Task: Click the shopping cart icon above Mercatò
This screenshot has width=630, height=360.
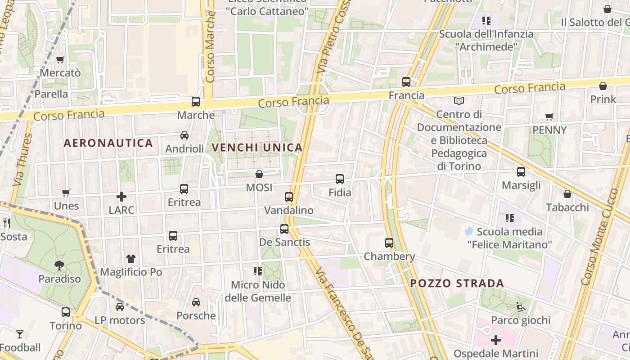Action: (x=60, y=59)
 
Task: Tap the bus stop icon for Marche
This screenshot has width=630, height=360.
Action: (x=195, y=102)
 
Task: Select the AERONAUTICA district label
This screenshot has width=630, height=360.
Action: (x=108, y=143)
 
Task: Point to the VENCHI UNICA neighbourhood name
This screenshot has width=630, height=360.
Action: (x=257, y=148)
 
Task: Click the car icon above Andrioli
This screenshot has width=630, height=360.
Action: (x=184, y=135)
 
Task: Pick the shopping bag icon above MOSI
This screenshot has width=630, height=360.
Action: (x=259, y=174)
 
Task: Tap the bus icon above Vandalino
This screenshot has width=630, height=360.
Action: (x=289, y=197)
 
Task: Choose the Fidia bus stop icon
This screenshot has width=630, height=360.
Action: (x=340, y=179)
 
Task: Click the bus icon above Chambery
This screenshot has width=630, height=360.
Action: (x=389, y=243)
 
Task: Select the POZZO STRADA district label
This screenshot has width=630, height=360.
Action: (x=457, y=283)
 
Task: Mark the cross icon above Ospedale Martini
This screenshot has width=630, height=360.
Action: (x=495, y=340)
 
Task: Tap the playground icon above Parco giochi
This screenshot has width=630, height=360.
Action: (x=521, y=307)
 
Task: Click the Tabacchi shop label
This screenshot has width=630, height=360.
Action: (x=567, y=207)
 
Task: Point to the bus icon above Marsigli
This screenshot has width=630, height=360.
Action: (x=521, y=172)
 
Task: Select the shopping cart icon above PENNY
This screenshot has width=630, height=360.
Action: (x=549, y=117)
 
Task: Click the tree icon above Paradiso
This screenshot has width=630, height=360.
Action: (x=59, y=265)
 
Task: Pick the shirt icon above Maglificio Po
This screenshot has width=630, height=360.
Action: (x=131, y=259)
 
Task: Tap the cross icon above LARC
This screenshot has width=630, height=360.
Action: (x=121, y=197)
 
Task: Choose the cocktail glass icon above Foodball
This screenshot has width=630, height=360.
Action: (x=20, y=334)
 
